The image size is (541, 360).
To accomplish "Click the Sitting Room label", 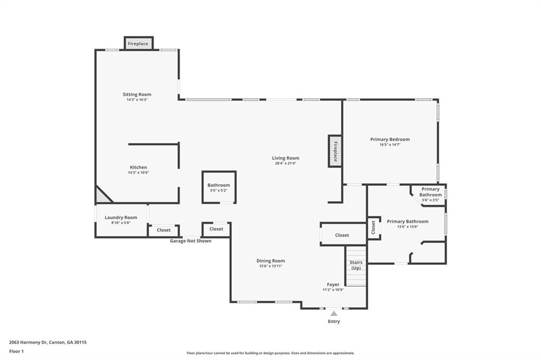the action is pyautogui.click(x=137, y=94).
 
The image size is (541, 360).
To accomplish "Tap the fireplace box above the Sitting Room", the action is pyautogui.click(x=138, y=43).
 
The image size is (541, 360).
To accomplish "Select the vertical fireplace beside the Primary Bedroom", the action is pyautogui.click(x=334, y=151).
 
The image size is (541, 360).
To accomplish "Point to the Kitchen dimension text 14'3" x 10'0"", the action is pyautogui.click(x=138, y=173).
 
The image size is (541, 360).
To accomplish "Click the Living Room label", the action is pyautogui.click(x=286, y=158).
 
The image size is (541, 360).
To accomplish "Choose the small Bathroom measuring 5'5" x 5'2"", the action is pyautogui.click(x=219, y=187).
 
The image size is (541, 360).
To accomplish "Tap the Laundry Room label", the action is pyautogui.click(x=121, y=217).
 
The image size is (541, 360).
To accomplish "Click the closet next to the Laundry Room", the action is pyautogui.click(x=164, y=230).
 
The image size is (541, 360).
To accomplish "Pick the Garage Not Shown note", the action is pyautogui.click(x=190, y=241).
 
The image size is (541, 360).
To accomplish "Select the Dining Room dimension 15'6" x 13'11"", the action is pyautogui.click(x=270, y=266).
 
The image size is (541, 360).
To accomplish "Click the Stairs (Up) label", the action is pyautogui.click(x=356, y=265).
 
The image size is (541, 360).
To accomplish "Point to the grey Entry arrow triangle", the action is pyautogui.click(x=334, y=314).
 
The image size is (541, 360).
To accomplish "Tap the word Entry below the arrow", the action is pyautogui.click(x=334, y=321).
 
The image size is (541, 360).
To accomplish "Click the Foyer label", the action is pyautogui.click(x=333, y=285).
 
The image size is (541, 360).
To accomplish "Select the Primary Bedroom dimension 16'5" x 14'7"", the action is pyautogui.click(x=390, y=145).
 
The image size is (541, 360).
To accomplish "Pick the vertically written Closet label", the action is pyautogui.click(x=373, y=228).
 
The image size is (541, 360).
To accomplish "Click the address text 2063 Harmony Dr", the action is pyautogui.click(x=28, y=343).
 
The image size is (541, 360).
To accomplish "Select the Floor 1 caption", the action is pyautogui.click(x=16, y=352).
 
